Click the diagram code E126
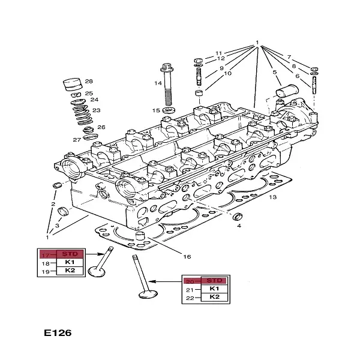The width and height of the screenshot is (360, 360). (x=58, y=332)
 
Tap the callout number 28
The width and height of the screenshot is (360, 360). (x=89, y=81)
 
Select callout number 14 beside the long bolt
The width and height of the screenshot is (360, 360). (x=158, y=83)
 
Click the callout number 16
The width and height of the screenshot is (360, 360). (x=187, y=256)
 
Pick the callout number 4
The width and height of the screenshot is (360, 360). (x=239, y=226)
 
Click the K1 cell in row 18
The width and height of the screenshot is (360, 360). (x=70, y=263)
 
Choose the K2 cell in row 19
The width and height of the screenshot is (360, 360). (x=70, y=271)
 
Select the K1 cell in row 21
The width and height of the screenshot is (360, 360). (x=214, y=289)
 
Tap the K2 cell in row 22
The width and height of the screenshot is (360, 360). (x=214, y=298)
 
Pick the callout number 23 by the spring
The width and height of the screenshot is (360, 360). (x=96, y=110)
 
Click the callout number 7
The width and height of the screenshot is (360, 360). (x=288, y=56)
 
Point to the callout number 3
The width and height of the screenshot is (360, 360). (x=58, y=226)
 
